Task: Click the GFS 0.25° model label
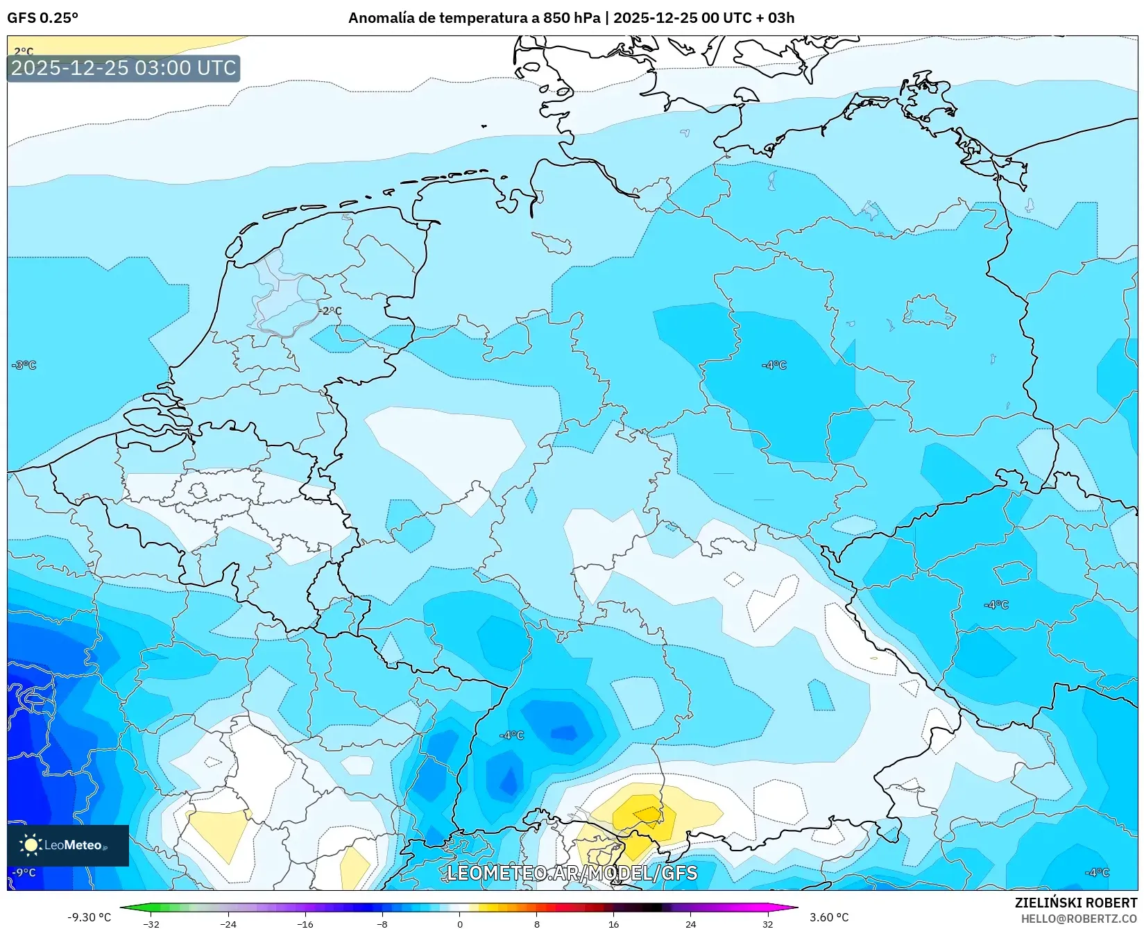tap(42, 18)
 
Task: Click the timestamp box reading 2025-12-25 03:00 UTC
tap(123, 68)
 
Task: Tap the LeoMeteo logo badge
tap(68, 845)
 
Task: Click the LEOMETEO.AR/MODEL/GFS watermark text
tap(572, 873)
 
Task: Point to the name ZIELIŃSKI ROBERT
tap(1076, 903)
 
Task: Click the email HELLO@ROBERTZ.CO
tap(1079, 919)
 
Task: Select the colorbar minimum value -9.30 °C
tap(89, 917)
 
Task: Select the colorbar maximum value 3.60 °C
tap(829, 917)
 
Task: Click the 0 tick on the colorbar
tap(459, 923)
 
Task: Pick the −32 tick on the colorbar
tap(151, 923)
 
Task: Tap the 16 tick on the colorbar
tap(613, 923)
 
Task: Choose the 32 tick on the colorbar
tap(767, 923)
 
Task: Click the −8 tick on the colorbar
tap(382, 923)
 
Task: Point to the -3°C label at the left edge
tap(24, 365)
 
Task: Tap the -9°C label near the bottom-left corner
tap(24, 872)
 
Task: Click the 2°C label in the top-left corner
tap(24, 51)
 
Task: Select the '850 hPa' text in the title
tap(572, 18)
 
